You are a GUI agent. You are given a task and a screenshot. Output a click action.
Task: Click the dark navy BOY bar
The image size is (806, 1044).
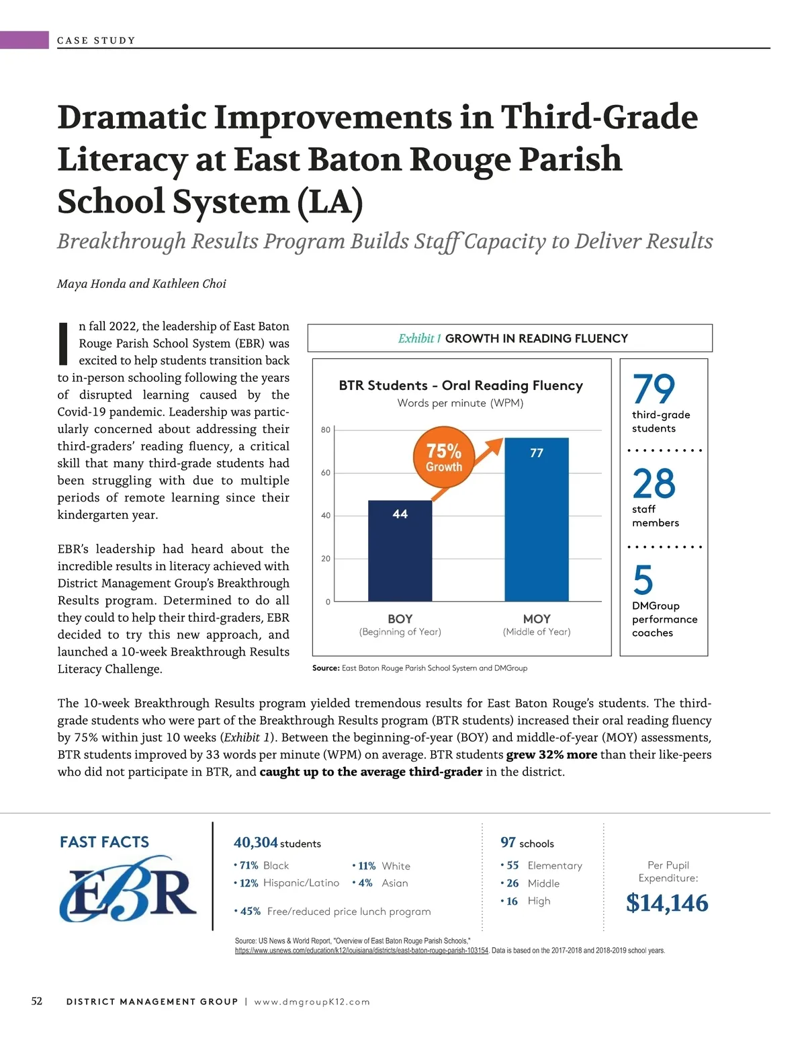tap(400, 551)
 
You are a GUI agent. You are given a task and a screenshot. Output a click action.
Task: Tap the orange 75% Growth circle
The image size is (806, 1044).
tap(444, 457)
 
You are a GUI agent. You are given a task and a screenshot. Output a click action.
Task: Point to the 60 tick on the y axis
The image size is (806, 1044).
tap(326, 473)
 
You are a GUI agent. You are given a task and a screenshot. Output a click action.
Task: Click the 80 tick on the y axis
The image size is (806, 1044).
tap(326, 430)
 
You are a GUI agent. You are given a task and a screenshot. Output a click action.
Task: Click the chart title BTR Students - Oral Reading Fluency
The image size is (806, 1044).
tap(460, 385)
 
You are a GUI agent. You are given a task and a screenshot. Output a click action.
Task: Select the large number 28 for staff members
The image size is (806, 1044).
tap(654, 483)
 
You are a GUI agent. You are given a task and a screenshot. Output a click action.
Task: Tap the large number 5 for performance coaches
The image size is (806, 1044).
tap(643, 579)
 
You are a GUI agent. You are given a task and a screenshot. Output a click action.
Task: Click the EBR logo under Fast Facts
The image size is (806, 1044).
tap(128, 889)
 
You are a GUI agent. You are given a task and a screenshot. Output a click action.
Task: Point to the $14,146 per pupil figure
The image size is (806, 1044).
tap(667, 903)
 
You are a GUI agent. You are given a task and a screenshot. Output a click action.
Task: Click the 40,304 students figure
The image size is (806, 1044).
tap(256, 842)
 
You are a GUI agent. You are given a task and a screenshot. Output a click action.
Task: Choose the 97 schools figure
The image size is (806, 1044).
tap(508, 842)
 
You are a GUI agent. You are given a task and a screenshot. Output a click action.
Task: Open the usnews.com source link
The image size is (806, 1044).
tap(361, 951)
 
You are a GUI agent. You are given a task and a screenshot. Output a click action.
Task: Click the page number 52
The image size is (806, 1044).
tap(37, 1001)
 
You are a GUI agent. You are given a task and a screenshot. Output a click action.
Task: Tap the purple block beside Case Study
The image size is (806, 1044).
tap(24, 40)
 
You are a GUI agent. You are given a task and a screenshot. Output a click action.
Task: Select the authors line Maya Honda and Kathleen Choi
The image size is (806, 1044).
tap(142, 284)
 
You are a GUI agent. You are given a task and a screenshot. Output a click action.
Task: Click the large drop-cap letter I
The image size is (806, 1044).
tap(64, 343)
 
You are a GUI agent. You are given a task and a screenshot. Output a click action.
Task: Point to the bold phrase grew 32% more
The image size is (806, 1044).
tap(551, 754)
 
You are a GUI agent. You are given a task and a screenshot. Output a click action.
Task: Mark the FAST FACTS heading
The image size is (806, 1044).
tap(105, 842)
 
